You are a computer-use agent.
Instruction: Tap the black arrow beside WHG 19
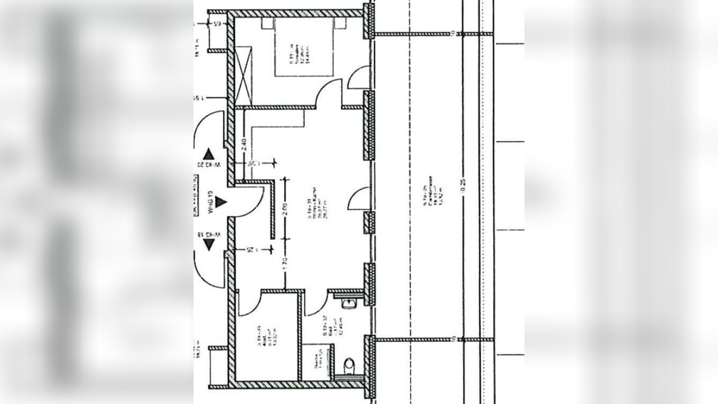click(x=221, y=202)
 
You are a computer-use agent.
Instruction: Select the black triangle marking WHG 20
click(x=209, y=154)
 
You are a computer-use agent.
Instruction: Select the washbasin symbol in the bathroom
click(x=348, y=303)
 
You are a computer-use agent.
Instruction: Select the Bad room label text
click(x=323, y=325)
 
